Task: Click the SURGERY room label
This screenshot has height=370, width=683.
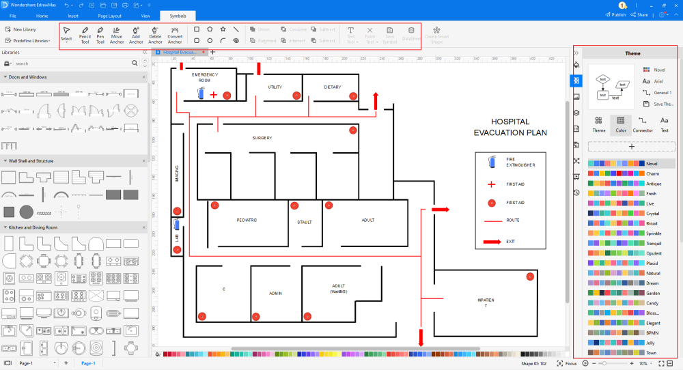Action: pyautogui.click(x=262, y=138)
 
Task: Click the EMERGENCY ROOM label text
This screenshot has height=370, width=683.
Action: pyautogui.click(x=204, y=76)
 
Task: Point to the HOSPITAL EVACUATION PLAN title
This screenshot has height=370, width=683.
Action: pyautogui.click(x=510, y=127)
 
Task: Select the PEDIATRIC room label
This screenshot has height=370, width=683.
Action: pyautogui.click(x=247, y=220)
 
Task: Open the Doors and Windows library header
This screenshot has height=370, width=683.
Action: pyautogui.click(x=28, y=76)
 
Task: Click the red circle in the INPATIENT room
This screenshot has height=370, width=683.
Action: pyautogui.click(x=530, y=276)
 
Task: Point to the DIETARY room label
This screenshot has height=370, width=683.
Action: pyautogui.click(x=333, y=87)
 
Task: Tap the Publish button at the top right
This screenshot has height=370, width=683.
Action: pyautogui.click(x=615, y=15)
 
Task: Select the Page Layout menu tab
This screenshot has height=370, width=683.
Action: pyautogui.click(x=109, y=15)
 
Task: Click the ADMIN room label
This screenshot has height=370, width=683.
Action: pyautogui.click(x=275, y=293)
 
